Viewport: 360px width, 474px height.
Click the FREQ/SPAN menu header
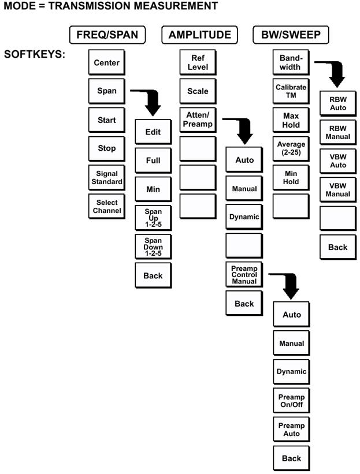point(107,35)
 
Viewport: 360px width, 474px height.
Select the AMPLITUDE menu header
point(199,35)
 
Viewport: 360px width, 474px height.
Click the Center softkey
point(106,62)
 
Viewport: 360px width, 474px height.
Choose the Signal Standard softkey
point(106,177)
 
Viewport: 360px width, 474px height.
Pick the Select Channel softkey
point(106,206)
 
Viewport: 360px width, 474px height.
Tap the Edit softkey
point(153,132)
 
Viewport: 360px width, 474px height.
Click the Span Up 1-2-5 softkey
point(153,218)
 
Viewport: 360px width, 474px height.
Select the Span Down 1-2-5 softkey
point(153,247)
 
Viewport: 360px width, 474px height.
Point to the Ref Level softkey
point(198,62)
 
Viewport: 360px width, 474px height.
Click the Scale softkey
point(198,91)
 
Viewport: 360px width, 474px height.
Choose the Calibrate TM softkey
point(291,91)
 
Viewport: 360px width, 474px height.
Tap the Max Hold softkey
point(291,120)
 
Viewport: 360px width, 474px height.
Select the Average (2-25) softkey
point(291,148)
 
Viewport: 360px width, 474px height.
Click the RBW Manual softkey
point(337,133)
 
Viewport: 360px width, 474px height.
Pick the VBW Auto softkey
point(337,162)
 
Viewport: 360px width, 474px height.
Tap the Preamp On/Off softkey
point(291,401)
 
